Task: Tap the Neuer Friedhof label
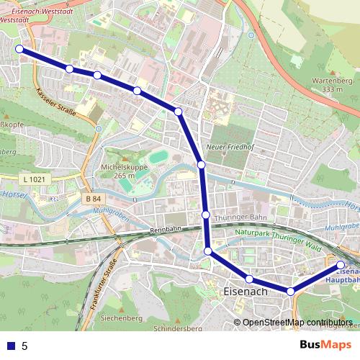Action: (x=226, y=147)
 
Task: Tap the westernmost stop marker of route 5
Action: (x=19, y=49)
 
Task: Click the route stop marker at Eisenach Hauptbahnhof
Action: (x=341, y=265)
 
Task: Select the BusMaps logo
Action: (x=325, y=345)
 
